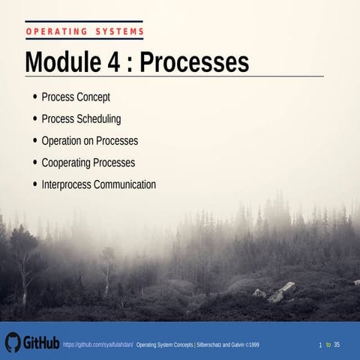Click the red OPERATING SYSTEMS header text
coord(84,31)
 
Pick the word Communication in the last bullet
coord(127,184)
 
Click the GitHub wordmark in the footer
coord(41,343)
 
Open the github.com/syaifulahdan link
coord(97,344)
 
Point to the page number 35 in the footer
coord(337,344)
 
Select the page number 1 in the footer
coord(320,344)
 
